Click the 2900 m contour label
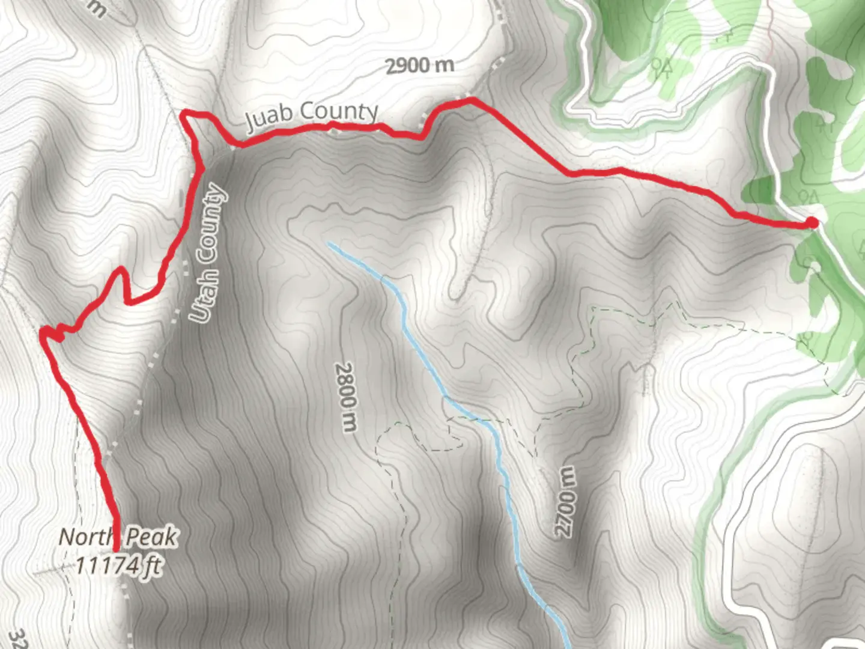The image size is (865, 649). (419, 65)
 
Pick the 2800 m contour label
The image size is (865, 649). (347, 397)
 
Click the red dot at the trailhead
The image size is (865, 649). (812, 223)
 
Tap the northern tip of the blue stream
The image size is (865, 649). (329, 243)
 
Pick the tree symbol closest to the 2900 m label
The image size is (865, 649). (661, 67)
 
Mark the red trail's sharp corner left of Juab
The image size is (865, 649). (184, 112)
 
